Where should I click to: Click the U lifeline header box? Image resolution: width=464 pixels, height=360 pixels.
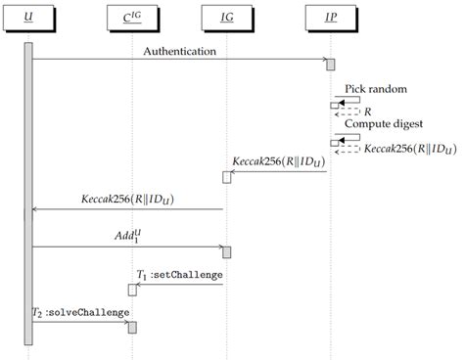click(28, 18)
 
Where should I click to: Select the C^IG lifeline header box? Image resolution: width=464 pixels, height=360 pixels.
click(130, 18)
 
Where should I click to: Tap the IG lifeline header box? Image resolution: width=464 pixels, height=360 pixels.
click(226, 18)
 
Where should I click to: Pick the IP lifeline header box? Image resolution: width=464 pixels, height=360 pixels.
click(330, 18)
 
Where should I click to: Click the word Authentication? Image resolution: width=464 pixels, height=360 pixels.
click(180, 50)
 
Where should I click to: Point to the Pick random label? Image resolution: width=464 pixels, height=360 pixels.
click(375, 88)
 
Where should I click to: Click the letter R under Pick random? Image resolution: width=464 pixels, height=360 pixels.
click(368, 112)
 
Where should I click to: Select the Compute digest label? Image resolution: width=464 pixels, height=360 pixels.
click(384, 124)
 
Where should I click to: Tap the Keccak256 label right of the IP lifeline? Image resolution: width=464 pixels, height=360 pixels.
click(408, 150)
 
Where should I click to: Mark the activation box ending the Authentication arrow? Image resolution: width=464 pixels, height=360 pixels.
click(331, 65)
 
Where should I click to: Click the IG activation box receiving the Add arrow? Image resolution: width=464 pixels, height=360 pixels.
click(227, 252)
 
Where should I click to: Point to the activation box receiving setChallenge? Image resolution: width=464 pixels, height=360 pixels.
click(131, 290)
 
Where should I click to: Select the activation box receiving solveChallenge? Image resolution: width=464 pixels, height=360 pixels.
click(131, 327)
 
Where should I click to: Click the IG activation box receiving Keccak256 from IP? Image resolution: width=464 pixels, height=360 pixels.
click(227, 177)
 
